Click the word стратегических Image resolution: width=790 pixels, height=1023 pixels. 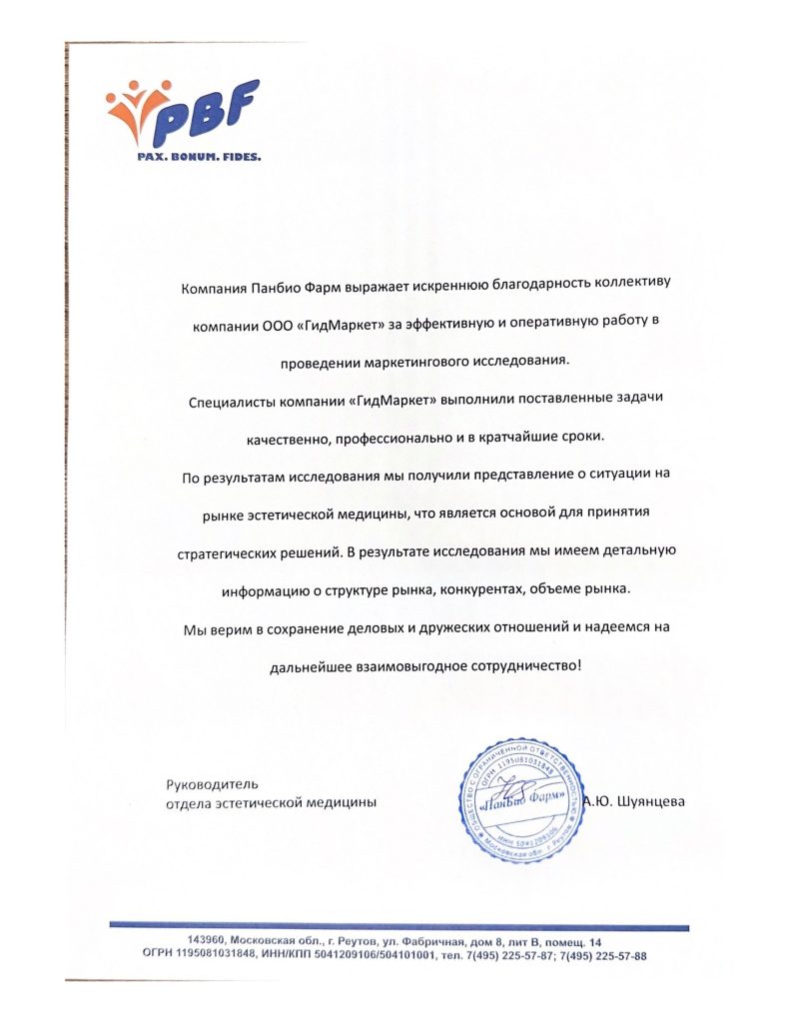[219, 550]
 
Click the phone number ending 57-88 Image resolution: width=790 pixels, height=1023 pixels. [606, 956]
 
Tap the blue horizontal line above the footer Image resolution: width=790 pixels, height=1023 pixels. [399, 926]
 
